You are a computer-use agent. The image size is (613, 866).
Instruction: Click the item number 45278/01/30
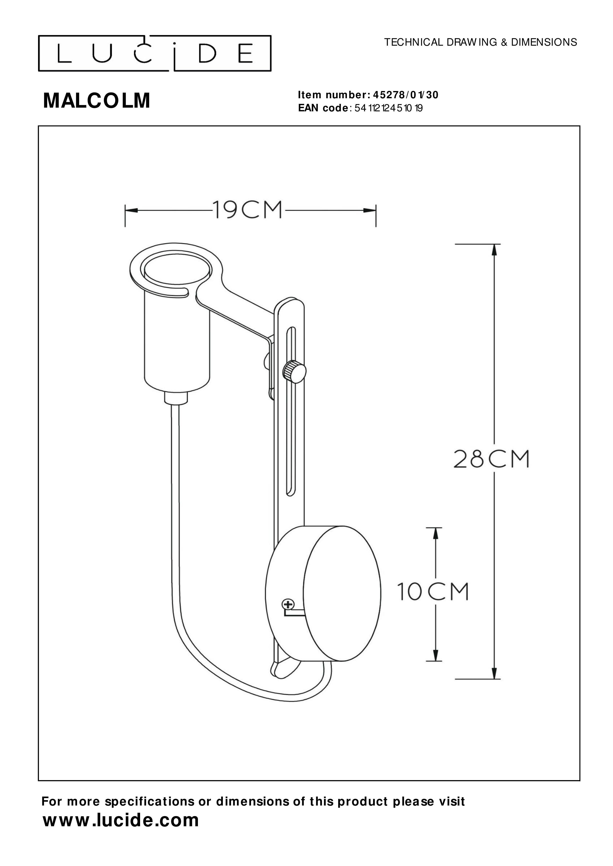(x=405, y=95)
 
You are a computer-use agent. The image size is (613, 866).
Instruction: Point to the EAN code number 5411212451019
(x=389, y=108)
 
